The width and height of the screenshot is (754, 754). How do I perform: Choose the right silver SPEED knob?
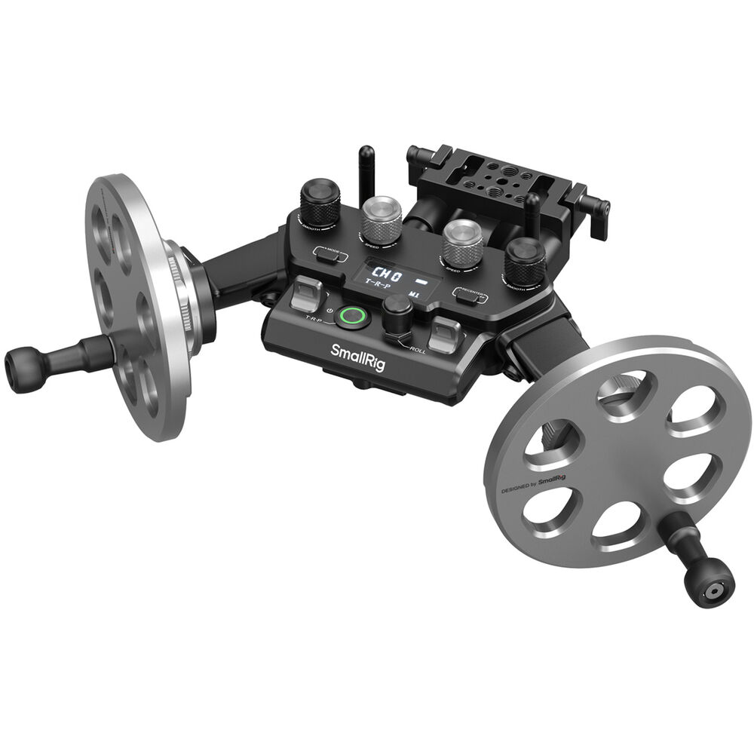(x=463, y=242)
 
